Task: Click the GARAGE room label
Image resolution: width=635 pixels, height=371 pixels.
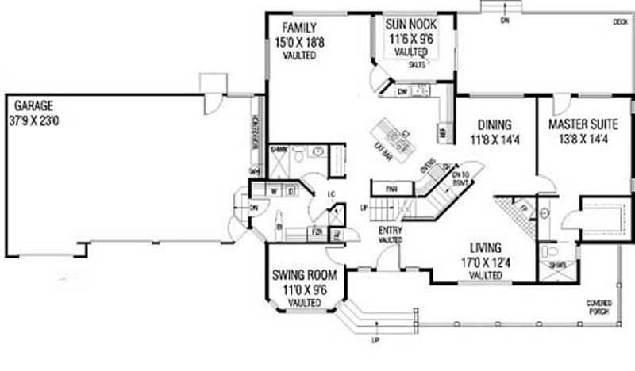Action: tap(31, 105)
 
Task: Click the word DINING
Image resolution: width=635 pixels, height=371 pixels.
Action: tap(495, 125)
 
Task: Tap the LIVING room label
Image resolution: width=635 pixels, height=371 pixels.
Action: tap(485, 247)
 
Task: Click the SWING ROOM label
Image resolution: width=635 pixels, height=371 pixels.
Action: tap(304, 276)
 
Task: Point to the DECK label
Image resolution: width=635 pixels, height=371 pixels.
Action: tap(620, 23)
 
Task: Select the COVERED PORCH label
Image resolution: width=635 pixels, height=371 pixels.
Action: tap(598, 308)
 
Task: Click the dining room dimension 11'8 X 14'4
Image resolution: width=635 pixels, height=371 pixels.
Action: tap(495, 140)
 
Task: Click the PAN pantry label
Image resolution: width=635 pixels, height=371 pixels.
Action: tap(391, 189)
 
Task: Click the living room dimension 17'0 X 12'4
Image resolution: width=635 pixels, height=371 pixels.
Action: tap(485, 261)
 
